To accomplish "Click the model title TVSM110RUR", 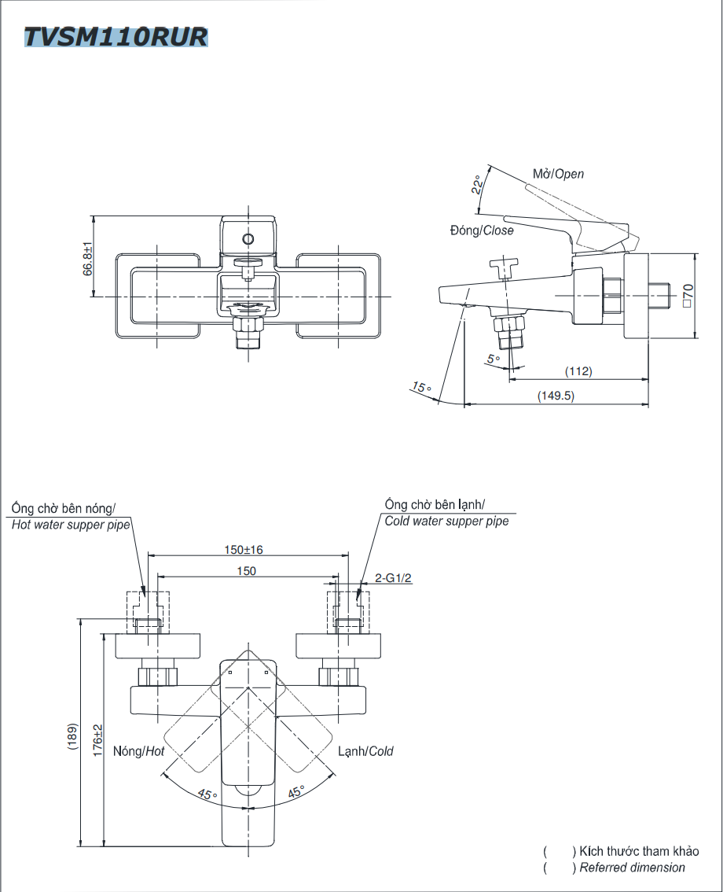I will pyautogui.click(x=116, y=37).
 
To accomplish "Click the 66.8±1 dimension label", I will pyautogui.click(x=88, y=258).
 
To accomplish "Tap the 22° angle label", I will pyautogui.click(x=477, y=186).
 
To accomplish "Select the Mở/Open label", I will pyautogui.click(x=559, y=174).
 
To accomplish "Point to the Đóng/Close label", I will pyautogui.click(x=481, y=230).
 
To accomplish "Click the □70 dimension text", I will pyautogui.click(x=686, y=296).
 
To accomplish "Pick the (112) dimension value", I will pyautogui.click(x=578, y=371).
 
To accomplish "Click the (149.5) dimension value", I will pyautogui.click(x=556, y=396).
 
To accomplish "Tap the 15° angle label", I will pyautogui.click(x=421, y=387).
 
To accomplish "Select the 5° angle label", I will pyautogui.click(x=494, y=359).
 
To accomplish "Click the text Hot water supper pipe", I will pyautogui.click(x=71, y=525).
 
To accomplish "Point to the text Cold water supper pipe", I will pyautogui.click(x=446, y=522).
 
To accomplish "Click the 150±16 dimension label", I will pyautogui.click(x=248, y=549).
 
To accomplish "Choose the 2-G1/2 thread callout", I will pyautogui.click(x=393, y=578).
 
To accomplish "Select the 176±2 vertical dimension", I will pyautogui.click(x=97, y=740).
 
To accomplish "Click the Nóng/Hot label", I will pyautogui.click(x=139, y=752).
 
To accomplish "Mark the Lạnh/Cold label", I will pyautogui.click(x=365, y=751).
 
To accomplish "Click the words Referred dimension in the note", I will pyautogui.click(x=633, y=868).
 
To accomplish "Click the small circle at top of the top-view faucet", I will pyautogui.click(x=248, y=239).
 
